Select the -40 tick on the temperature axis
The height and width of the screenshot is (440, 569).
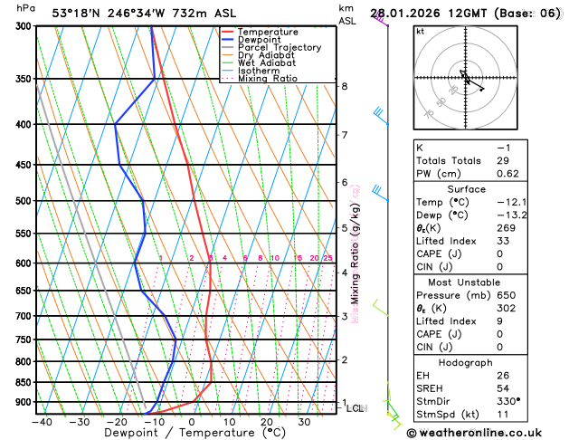click(x=42, y=421)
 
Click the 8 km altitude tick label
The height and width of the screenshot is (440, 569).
click(x=344, y=86)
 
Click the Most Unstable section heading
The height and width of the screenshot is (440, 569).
click(x=485, y=281)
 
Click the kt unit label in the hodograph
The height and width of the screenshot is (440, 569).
click(x=420, y=31)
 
